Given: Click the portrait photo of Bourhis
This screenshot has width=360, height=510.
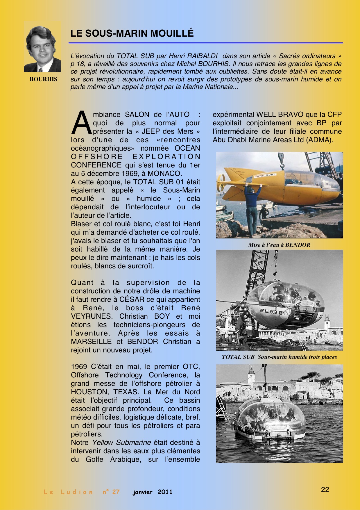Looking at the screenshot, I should pos(42,47).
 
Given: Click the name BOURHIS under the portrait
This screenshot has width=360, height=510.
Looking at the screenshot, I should pos(43,79).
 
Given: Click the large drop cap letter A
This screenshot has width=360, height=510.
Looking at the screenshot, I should pos(81,123).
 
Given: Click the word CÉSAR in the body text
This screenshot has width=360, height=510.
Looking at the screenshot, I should pos(131,299).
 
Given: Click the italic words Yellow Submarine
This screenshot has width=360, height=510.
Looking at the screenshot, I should pos(121,443).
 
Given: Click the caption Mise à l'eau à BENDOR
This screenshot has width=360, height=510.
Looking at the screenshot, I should pos(279,245).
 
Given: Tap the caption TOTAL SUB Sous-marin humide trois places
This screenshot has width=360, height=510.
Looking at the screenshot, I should pos(279,357).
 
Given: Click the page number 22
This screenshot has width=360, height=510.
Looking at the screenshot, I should pos(325,490).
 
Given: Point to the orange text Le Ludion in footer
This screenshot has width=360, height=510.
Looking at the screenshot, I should pos(68,492).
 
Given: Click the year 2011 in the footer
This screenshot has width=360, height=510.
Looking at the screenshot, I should pos(165,492).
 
